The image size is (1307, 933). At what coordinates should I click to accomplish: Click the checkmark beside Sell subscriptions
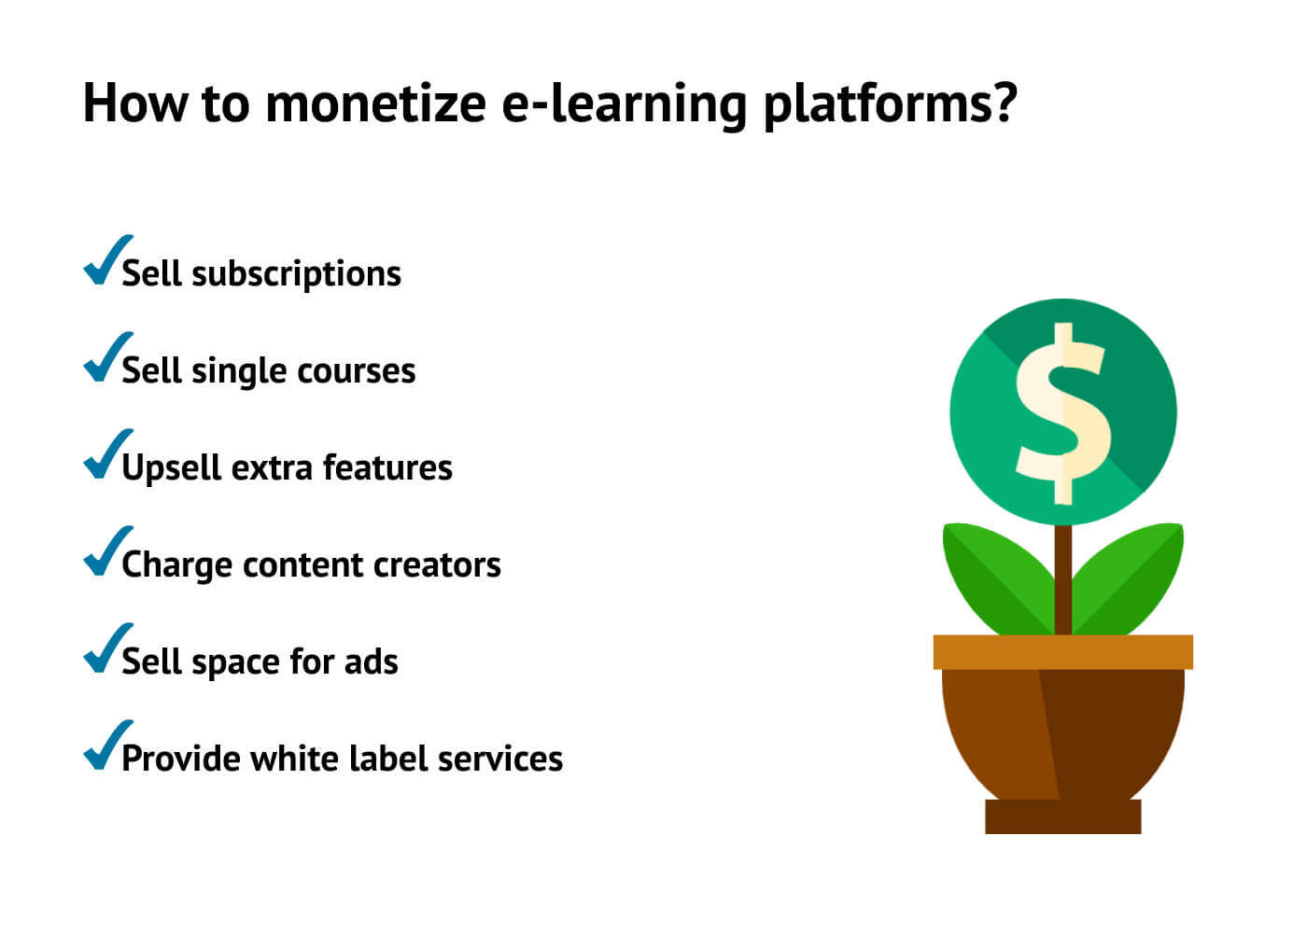click(105, 261)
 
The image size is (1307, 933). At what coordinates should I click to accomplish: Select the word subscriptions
click(296, 274)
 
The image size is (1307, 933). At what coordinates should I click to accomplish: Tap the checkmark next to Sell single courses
click(105, 358)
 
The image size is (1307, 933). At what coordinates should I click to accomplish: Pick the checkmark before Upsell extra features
click(105, 455)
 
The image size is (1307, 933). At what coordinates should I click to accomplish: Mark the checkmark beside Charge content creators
click(105, 552)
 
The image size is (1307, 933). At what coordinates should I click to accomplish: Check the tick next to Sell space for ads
click(105, 649)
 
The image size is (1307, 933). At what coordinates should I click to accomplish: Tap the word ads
click(371, 661)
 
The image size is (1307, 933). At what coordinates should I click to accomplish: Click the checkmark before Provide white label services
click(105, 746)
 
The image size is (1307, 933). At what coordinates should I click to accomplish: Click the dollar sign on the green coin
click(1062, 413)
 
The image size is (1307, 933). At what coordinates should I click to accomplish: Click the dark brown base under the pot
click(1062, 816)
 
